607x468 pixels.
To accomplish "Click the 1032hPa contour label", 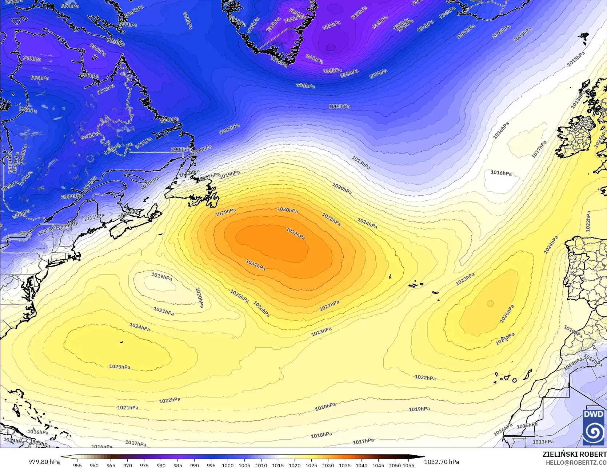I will [x=295, y=233].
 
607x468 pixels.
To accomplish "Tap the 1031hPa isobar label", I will [x=255, y=264].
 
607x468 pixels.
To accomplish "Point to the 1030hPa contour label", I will [x=287, y=210].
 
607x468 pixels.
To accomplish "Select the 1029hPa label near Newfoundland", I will [x=225, y=212].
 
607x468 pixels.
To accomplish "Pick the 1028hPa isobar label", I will [x=331, y=219].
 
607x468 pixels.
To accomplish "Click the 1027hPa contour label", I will [x=330, y=306].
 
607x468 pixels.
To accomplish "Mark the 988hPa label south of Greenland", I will [x=332, y=71].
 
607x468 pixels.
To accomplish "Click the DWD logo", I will [x=594, y=427].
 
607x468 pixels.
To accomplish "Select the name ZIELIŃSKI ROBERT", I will [x=574, y=454].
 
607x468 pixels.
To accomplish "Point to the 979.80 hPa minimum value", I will [x=44, y=462].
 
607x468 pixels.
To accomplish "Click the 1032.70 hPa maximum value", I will [x=442, y=462].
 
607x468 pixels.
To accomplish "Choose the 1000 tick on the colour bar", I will [x=228, y=465].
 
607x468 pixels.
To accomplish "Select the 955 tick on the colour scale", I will [x=77, y=465].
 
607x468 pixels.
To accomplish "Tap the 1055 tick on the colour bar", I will [x=408, y=465].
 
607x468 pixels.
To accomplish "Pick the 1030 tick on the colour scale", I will [x=328, y=465].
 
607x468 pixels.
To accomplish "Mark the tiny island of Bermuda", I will [x=121, y=342].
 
